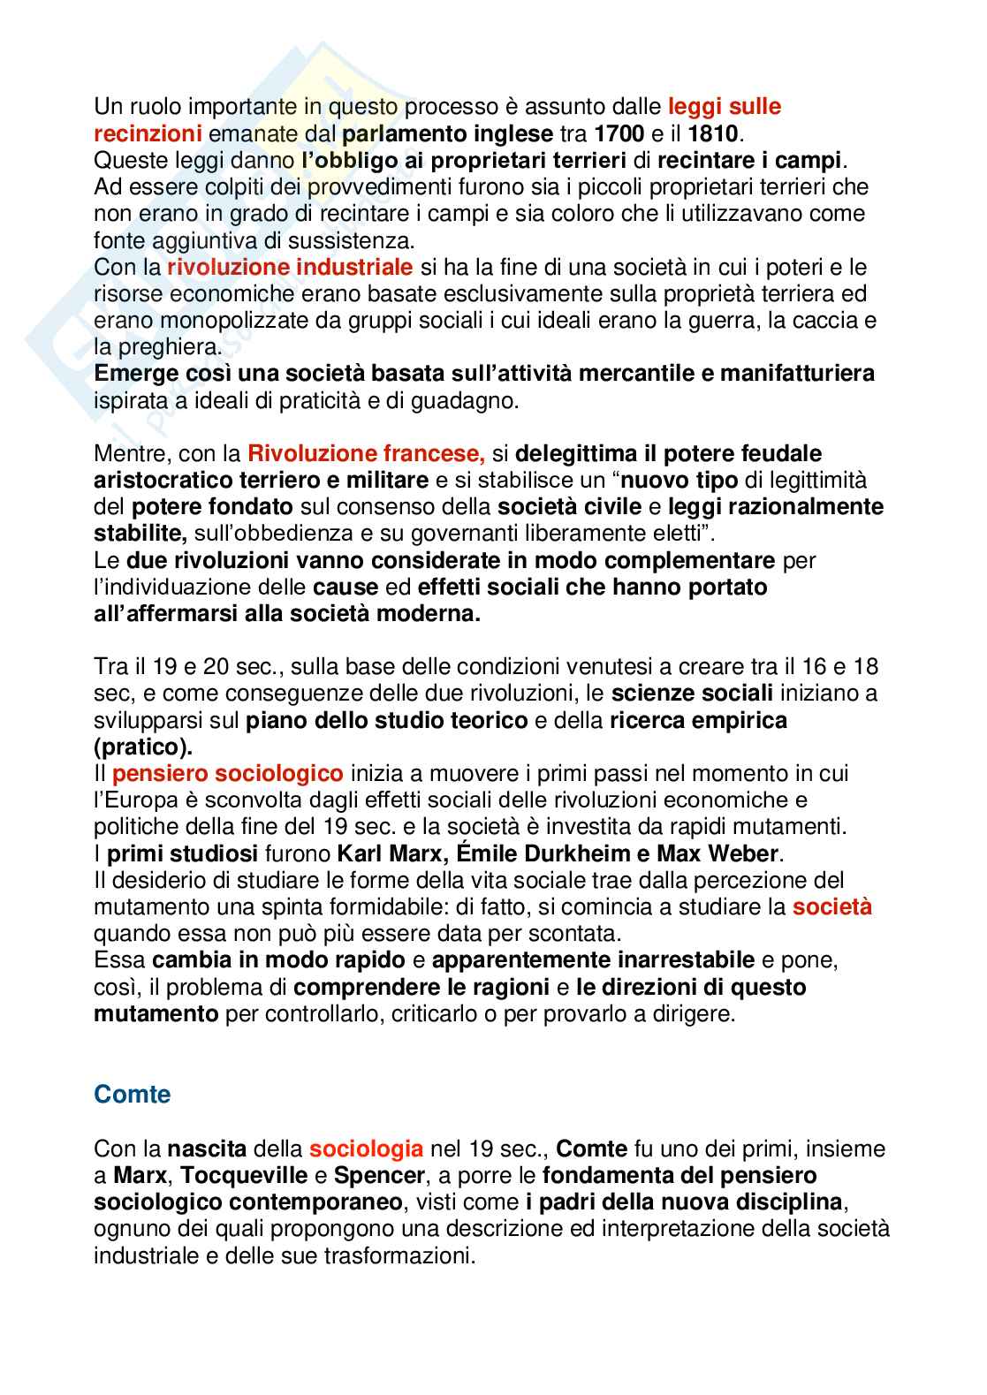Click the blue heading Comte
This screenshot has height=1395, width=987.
(132, 1095)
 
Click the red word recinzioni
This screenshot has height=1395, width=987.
(148, 134)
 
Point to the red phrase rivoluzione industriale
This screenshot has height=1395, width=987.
(290, 267)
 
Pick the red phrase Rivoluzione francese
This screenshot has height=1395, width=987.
(367, 454)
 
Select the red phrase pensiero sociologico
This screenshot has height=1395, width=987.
(228, 774)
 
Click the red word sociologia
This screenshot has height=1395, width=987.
(366, 1149)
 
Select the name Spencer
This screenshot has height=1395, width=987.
(381, 1177)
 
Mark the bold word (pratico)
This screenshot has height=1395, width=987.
(141, 747)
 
